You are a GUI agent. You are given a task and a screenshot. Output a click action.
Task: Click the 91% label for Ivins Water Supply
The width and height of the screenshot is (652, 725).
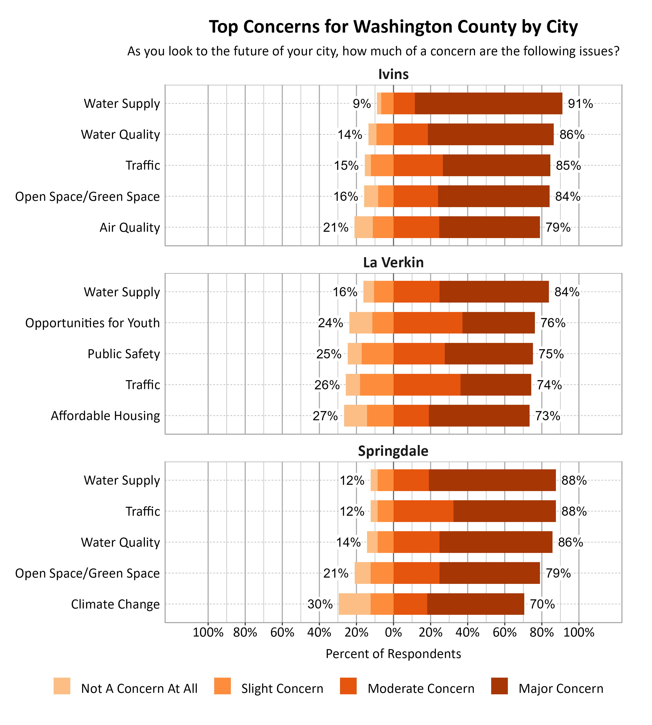pyautogui.click(x=580, y=104)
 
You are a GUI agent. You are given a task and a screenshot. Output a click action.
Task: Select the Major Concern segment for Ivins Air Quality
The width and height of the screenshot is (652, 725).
pyautogui.click(x=489, y=227)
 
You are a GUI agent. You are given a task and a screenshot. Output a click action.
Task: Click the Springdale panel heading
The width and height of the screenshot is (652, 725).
pyautogui.click(x=393, y=451)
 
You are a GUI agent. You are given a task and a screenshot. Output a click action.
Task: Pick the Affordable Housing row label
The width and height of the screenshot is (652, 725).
pyautogui.click(x=105, y=416)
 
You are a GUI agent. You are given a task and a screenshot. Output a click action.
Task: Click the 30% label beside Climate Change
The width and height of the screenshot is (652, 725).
pyautogui.click(x=320, y=604)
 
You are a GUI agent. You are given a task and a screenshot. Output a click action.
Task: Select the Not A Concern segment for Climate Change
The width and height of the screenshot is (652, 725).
pyautogui.click(x=355, y=604)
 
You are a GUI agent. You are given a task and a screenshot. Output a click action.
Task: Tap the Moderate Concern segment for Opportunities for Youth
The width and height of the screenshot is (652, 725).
pyautogui.click(x=428, y=323)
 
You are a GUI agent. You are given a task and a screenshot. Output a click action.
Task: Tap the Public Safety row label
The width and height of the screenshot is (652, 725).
pyautogui.click(x=124, y=354)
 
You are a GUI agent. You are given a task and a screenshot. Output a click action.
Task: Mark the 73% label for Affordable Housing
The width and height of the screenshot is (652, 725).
pyautogui.click(x=547, y=416)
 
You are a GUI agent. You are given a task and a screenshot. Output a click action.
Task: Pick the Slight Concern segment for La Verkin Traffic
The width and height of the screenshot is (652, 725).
pyautogui.click(x=376, y=385)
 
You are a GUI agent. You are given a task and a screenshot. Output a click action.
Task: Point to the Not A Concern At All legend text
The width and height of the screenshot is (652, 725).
pyautogui.click(x=139, y=689)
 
